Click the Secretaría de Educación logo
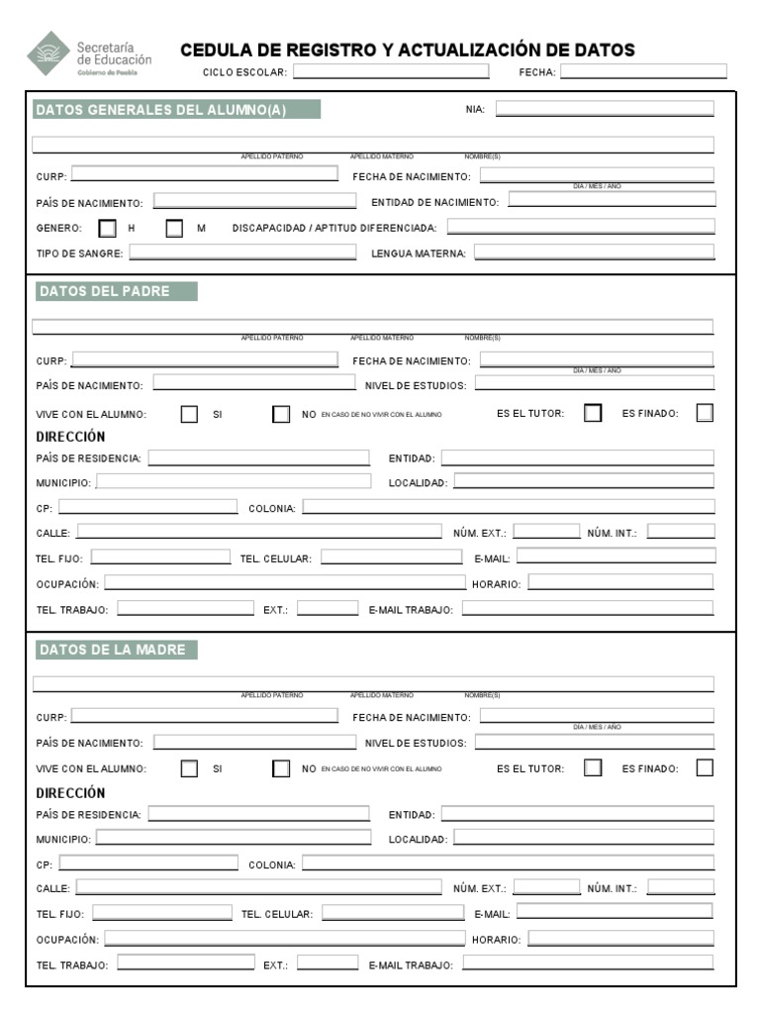[x=90, y=53]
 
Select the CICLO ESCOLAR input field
[x=390, y=71]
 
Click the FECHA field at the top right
[x=643, y=71]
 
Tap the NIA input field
[x=604, y=109]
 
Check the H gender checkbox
[x=107, y=228]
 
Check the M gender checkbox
[x=175, y=228]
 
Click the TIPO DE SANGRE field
[x=242, y=253]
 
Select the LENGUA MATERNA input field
[x=594, y=253]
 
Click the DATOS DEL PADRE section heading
[x=116, y=291]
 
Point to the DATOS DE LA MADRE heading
[x=117, y=650]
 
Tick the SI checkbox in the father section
[x=189, y=414]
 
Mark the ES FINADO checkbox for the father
[x=705, y=414]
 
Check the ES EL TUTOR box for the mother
[x=593, y=767]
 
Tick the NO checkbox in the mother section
[x=281, y=767]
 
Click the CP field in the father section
[x=148, y=507]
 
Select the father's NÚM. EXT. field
[x=546, y=532]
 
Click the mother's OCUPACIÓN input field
[x=284, y=938]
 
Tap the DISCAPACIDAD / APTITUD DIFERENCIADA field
[x=580, y=227]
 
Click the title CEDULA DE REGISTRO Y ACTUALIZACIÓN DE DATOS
[x=408, y=51]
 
